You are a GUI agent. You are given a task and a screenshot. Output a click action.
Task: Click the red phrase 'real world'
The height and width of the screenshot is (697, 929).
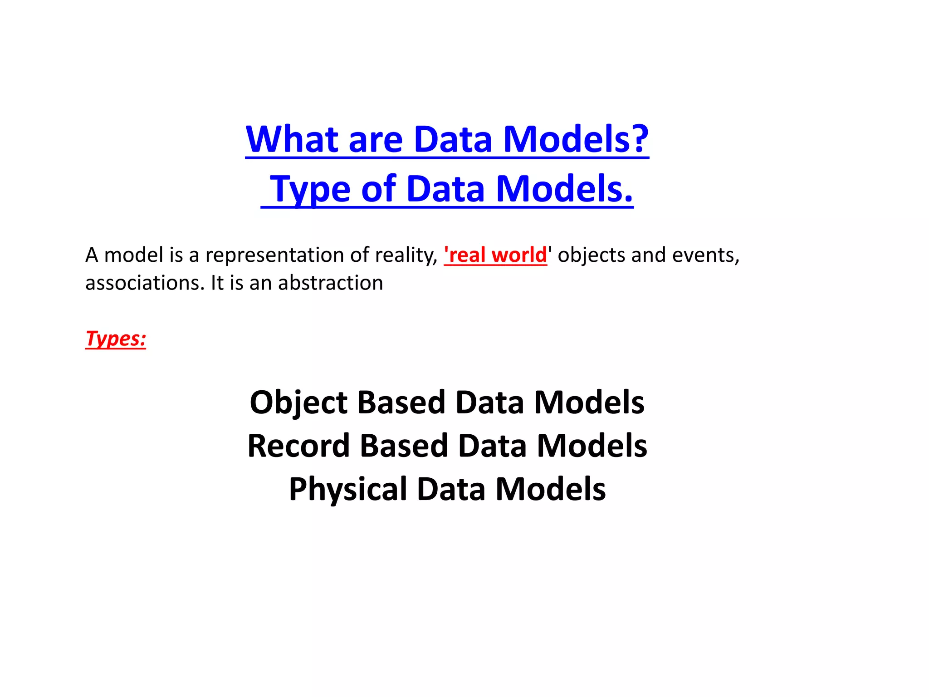pyautogui.click(x=495, y=255)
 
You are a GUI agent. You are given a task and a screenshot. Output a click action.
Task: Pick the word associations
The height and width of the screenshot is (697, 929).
pyautogui.click(x=145, y=283)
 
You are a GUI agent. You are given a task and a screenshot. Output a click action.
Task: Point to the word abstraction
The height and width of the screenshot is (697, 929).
pyautogui.click(x=331, y=283)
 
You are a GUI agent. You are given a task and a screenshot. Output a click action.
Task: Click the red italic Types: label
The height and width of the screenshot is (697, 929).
pyautogui.click(x=116, y=339)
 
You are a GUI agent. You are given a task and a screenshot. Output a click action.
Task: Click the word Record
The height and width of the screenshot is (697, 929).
pyautogui.click(x=298, y=446)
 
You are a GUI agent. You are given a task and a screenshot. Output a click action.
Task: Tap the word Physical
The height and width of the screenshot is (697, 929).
pyautogui.click(x=347, y=489)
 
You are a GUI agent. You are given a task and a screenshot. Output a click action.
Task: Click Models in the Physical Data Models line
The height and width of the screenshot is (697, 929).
pyautogui.click(x=550, y=489)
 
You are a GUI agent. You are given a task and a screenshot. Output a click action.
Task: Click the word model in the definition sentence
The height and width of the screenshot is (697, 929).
pyautogui.click(x=133, y=255)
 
